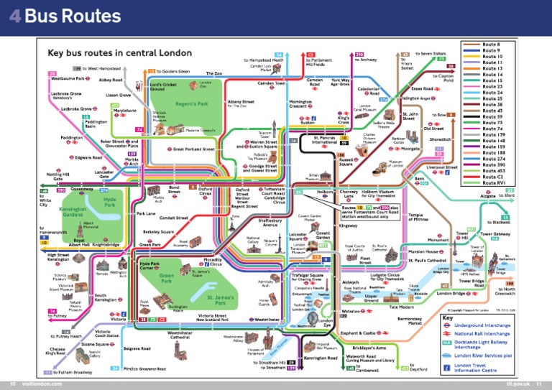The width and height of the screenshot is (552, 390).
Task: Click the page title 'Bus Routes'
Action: click(x=65, y=16)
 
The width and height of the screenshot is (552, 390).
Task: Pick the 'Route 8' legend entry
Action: click(x=491, y=44)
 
